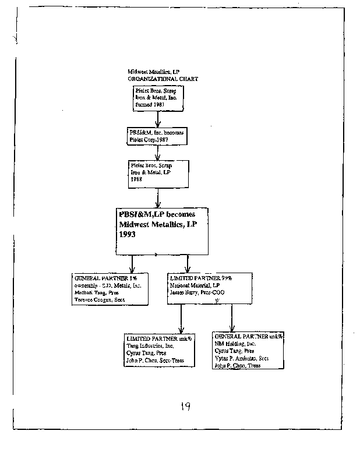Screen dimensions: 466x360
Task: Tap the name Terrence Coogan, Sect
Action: tap(99, 299)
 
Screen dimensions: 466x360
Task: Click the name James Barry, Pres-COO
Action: tap(198, 292)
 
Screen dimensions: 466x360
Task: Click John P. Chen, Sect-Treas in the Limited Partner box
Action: tap(155, 361)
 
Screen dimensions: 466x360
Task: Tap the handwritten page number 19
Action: tap(184, 407)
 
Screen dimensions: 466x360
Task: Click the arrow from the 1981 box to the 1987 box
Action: tap(158, 119)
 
